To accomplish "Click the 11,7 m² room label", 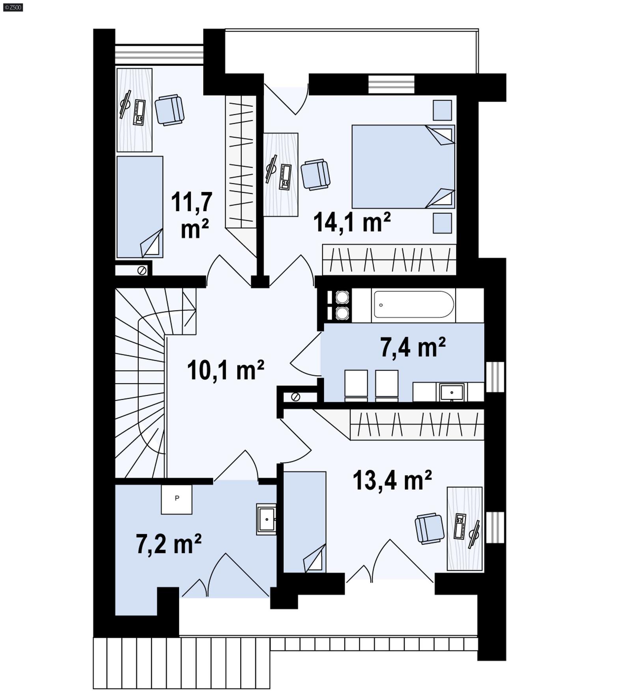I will (x=192, y=215).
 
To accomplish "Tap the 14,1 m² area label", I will (x=351, y=222).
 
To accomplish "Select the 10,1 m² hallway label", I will (x=225, y=370).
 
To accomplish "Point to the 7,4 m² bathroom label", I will (x=413, y=347).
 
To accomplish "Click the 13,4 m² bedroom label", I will (x=392, y=480).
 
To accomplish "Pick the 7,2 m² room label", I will (x=169, y=544).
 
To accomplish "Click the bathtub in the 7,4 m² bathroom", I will (x=413, y=304).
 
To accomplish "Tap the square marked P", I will (x=177, y=499).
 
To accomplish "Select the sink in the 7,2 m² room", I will (x=267, y=519).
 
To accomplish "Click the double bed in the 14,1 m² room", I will (x=402, y=166).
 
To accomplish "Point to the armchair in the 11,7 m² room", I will (x=169, y=110).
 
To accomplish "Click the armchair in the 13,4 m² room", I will (x=429, y=529).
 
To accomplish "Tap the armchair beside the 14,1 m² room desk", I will (x=315, y=175).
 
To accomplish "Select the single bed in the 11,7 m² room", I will (x=140, y=207).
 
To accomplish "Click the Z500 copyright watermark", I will (x=13, y=7).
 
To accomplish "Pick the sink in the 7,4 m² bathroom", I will (x=452, y=392).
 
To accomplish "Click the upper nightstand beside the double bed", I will (x=442, y=110).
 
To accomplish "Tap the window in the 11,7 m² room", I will (x=159, y=54).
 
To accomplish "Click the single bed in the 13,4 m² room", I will (x=304, y=521).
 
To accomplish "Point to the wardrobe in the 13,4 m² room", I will (x=416, y=424).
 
